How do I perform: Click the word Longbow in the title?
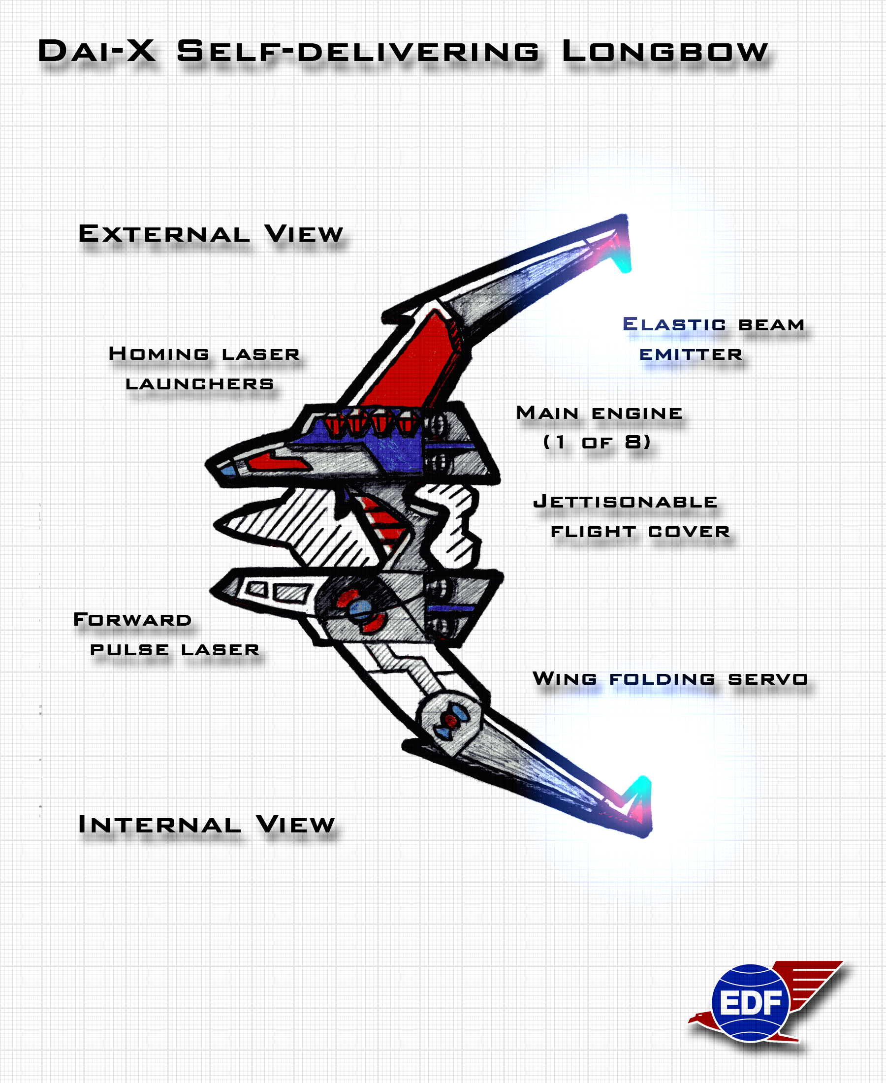665,52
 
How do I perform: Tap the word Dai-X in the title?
97,51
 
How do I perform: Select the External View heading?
210,234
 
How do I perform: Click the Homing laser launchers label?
204,368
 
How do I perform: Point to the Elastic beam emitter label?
714,339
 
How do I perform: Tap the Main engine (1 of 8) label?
599,427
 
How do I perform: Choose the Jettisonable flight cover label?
632,516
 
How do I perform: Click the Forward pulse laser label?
166,635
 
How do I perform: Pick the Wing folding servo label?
670,679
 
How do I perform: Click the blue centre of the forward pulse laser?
360,608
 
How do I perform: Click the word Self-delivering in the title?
358,52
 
